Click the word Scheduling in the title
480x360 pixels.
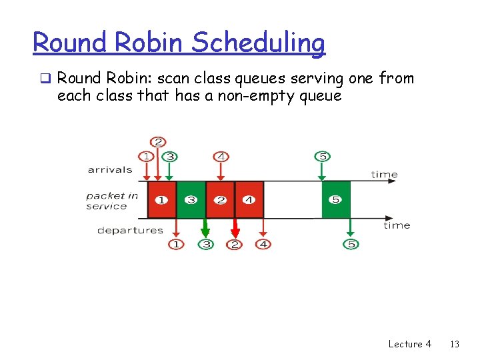pyautogui.click(x=258, y=43)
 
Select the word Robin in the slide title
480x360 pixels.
pyautogui.click(x=151, y=43)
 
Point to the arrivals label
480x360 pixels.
pyautogui.click(x=110, y=169)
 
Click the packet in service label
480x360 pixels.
pyautogui.click(x=111, y=201)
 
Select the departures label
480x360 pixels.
pyautogui.click(x=130, y=230)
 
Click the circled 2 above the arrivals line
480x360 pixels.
pyautogui.click(x=158, y=142)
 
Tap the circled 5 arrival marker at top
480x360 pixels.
pyautogui.click(x=322, y=156)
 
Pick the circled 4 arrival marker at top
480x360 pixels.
pyautogui.click(x=221, y=156)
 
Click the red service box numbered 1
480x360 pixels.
pyautogui.click(x=161, y=199)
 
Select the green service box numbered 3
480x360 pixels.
pyautogui.click(x=191, y=199)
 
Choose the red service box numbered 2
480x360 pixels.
pyautogui.click(x=220, y=199)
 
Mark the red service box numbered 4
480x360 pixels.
pyautogui.click(x=249, y=199)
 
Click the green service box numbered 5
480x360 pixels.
pyautogui.click(x=336, y=199)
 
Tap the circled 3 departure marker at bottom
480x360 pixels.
pyautogui.click(x=206, y=245)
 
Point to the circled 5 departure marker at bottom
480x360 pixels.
pyautogui.click(x=351, y=245)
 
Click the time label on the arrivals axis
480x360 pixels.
pyautogui.click(x=384, y=175)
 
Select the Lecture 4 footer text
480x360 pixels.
pyautogui.click(x=409, y=344)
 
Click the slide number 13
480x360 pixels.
pyautogui.click(x=455, y=344)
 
